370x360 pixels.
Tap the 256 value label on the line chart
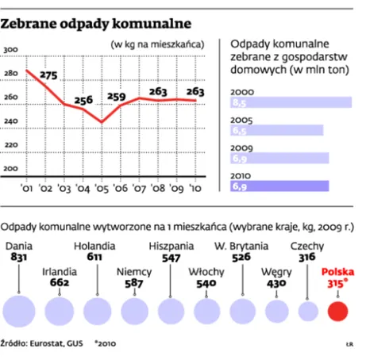point(84,100)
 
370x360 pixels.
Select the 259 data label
point(117,98)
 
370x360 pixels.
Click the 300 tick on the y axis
point(12,51)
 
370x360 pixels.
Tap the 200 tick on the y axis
point(12,169)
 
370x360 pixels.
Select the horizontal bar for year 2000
point(291,103)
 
